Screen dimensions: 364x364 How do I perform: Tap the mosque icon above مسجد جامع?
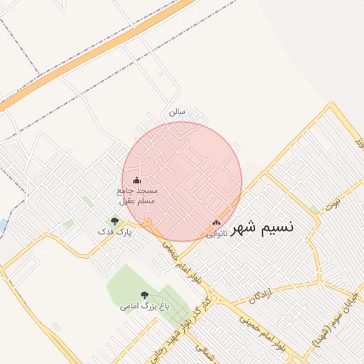click(137, 181)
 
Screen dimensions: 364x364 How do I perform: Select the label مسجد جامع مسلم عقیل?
click(137, 196)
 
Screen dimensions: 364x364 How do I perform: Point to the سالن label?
click(176, 112)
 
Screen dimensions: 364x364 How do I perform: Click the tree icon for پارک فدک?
click(114, 221)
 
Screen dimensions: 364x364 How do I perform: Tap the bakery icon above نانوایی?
click(216, 223)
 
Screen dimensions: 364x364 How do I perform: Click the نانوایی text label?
click(217, 232)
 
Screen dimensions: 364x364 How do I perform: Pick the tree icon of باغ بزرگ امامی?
click(144, 295)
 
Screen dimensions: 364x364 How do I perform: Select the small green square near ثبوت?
click(314, 210)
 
